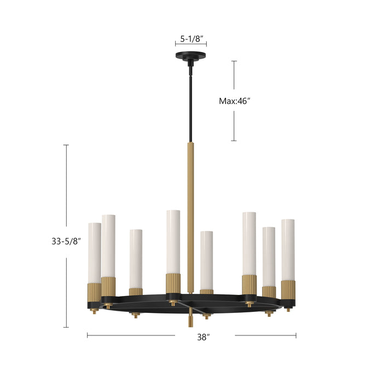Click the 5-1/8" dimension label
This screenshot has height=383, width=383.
(191, 39)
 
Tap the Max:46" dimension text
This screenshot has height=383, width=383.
(238, 101)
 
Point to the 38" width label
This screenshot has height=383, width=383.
(204, 338)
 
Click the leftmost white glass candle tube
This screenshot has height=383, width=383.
(95, 252)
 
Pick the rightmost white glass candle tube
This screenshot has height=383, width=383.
(288, 249)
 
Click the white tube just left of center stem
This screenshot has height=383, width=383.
(173, 241)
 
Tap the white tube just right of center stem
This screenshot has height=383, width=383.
(206, 260)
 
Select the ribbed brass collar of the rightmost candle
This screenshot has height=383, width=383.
(288, 289)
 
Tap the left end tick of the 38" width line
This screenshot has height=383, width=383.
(88, 335)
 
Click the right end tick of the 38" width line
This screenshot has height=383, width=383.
(296, 335)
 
